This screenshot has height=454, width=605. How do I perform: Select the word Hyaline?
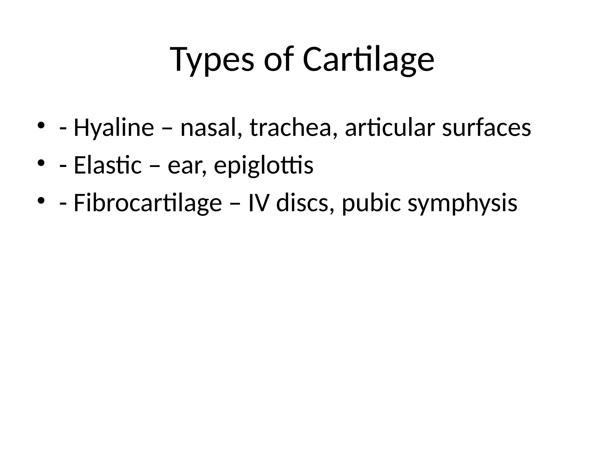click(114, 128)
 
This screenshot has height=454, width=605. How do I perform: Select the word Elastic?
click(108, 166)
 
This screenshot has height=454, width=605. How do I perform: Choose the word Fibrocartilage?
click(147, 203)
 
